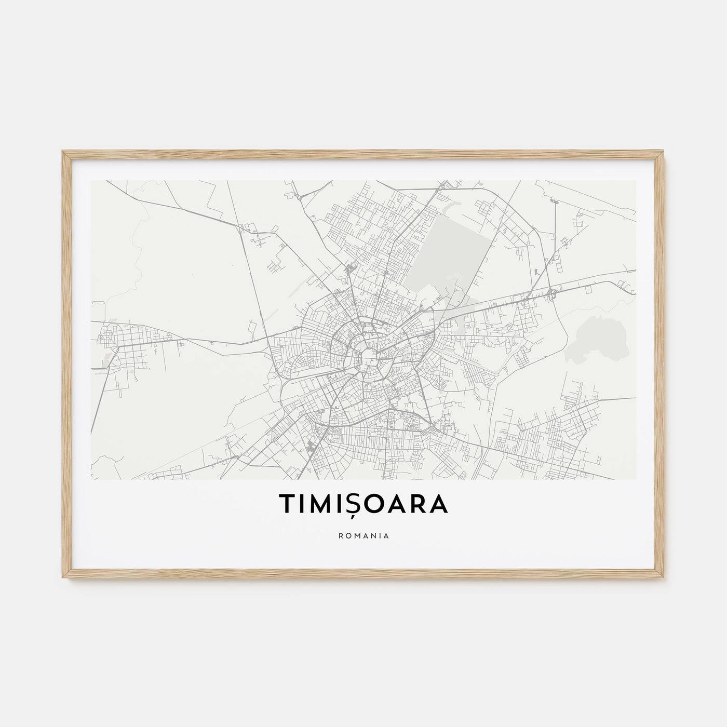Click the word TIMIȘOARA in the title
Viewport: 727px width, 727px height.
pyautogui.click(x=363, y=503)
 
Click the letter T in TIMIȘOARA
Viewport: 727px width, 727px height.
pyautogui.click(x=287, y=503)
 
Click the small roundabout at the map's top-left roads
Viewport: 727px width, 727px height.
pyautogui.click(x=299, y=197)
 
